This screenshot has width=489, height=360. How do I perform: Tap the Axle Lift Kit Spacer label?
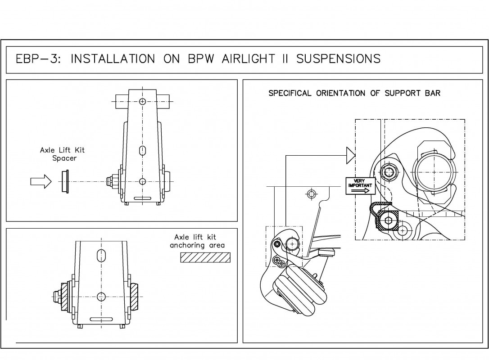(62, 154)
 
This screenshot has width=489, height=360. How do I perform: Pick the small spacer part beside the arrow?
(65, 182)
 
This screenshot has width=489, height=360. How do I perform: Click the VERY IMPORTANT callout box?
(359, 186)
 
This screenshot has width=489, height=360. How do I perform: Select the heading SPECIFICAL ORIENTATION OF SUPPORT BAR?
(354, 94)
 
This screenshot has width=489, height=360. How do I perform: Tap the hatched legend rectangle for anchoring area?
(205, 257)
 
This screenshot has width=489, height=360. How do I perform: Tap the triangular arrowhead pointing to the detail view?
(350, 156)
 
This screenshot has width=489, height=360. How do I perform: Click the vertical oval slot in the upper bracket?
(142, 150)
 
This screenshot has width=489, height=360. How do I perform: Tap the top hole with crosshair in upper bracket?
(142, 102)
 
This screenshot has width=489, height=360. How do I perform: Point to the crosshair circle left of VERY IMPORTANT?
(310, 194)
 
